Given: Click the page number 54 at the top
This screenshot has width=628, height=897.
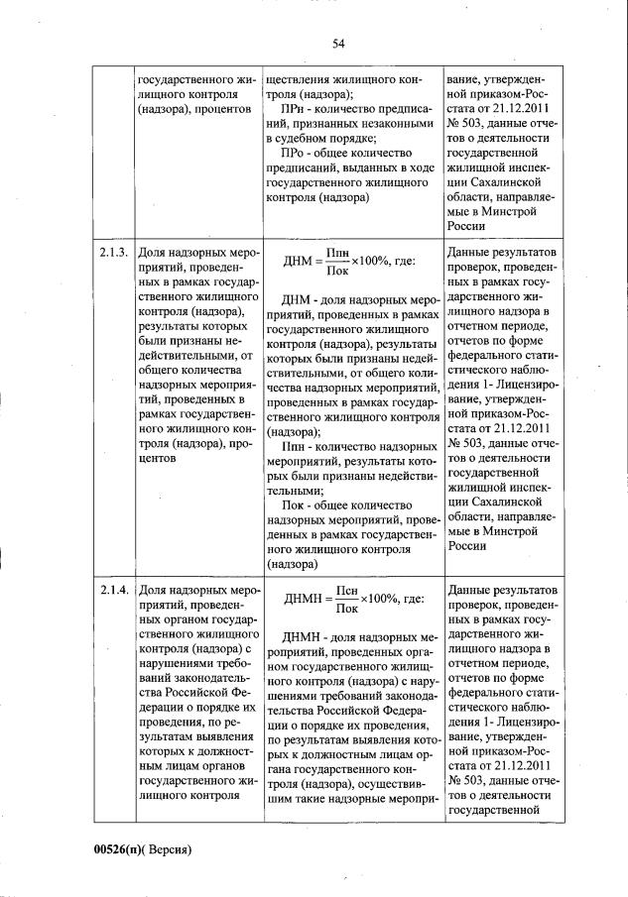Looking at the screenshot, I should point(337,44).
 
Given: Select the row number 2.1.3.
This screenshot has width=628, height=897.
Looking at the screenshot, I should point(113,253).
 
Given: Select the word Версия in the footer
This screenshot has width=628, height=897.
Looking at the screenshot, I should point(165,849).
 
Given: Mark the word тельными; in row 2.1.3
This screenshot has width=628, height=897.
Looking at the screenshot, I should point(296,490).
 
